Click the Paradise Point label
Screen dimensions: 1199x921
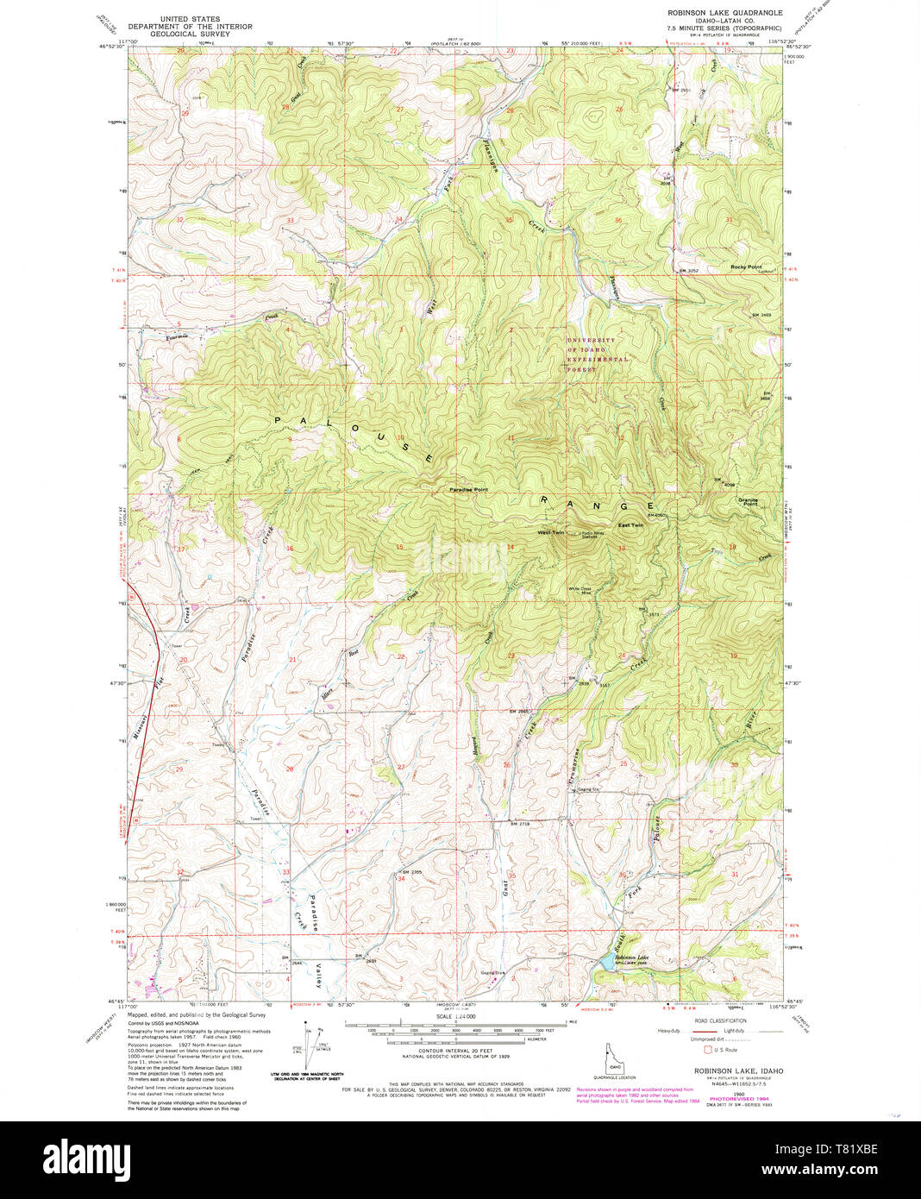(468, 490)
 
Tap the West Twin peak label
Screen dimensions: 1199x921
(550, 532)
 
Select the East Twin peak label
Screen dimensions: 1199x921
(630, 525)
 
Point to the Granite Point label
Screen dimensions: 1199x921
(747, 502)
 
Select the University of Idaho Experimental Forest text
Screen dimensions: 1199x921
(598, 355)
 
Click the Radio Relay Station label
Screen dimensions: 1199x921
(593, 535)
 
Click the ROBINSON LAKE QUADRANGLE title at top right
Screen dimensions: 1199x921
(724, 13)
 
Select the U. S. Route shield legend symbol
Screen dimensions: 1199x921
(708, 1050)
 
